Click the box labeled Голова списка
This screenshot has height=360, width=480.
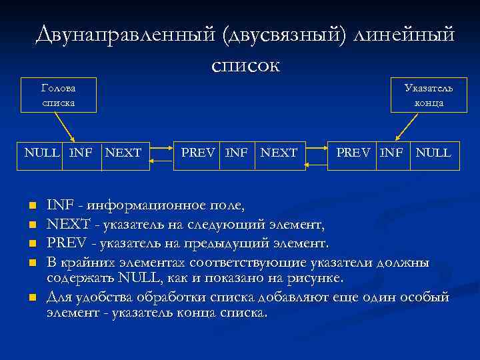click(58, 95)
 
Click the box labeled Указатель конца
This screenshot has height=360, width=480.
click(429, 95)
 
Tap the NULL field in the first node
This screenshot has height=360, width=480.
click(41, 153)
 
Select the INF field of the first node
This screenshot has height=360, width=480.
click(81, 153)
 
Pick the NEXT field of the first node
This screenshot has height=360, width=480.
click(123, 153)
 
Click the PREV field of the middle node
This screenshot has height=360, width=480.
click(198, 153)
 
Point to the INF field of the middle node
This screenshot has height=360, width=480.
click(236, 153)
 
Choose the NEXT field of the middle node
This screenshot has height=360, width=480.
click(279, 153)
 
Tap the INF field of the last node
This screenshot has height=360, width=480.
click(391, 153)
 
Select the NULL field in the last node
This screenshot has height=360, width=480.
click(433, 153)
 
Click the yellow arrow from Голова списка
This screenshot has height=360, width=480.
click(65, 127)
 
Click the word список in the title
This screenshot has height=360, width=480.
click(245, 65)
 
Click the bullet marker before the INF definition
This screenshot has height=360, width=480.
click(31, 204)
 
